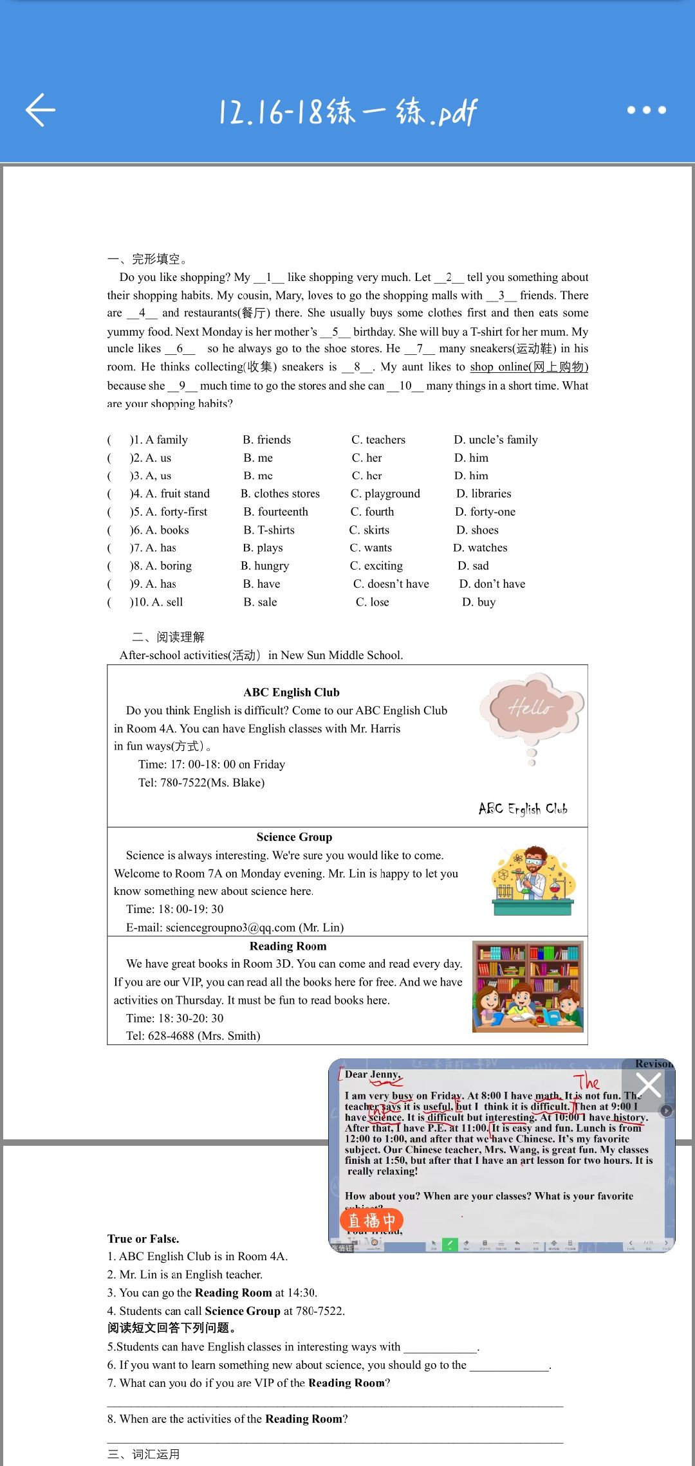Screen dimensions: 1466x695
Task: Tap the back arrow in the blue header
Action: pos(41,110)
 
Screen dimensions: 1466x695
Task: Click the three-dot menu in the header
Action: pos(646,110)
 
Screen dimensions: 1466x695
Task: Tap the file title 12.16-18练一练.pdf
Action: pos(347,112)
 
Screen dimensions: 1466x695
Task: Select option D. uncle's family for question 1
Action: pos(496,440)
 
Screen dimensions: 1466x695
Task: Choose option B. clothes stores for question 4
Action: pos(280,494)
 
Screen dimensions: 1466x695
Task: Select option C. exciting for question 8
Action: pos(376,566)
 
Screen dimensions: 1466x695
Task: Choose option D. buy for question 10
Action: pos(479,602)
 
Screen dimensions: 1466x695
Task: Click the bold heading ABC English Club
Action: pos(292,692)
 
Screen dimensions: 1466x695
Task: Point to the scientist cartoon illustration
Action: pos(533,880)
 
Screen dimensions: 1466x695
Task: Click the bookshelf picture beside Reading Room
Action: pos(528,986)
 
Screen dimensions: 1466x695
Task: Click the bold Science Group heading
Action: pos(294,837)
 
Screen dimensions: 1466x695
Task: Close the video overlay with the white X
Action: pos(648,1085)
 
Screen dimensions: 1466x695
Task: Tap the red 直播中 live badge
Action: pos(371,1220)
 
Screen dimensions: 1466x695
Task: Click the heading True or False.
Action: pos(144,1238)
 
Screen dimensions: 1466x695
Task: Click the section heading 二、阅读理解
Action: pos(169,637)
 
